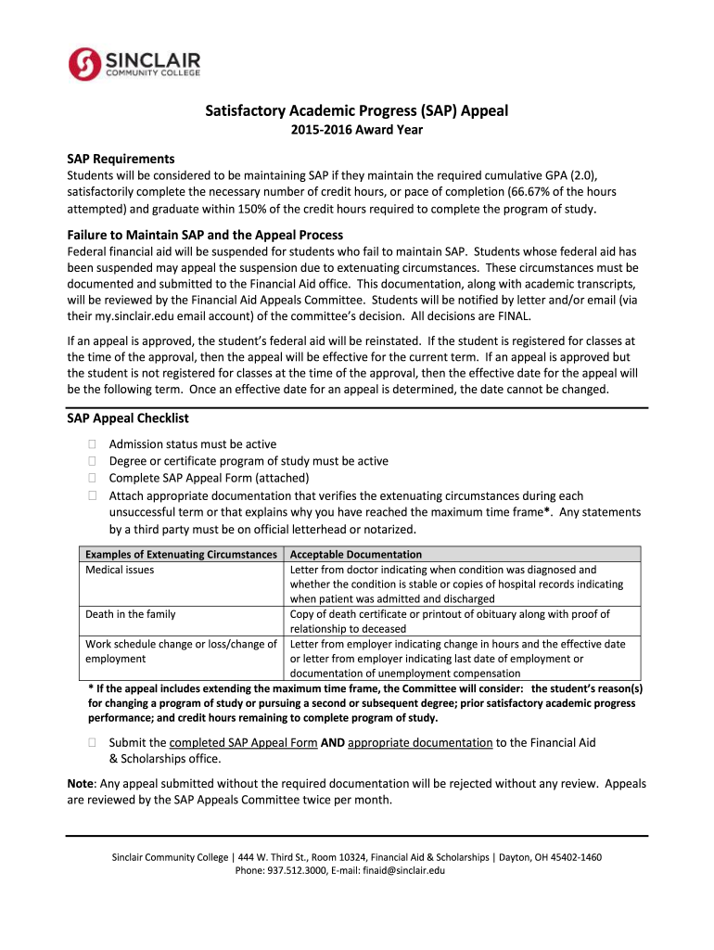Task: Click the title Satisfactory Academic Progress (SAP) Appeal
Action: [x=356, y=111]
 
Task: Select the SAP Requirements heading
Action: [x=121, y=159]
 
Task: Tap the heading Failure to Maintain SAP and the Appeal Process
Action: [x=205, y=234]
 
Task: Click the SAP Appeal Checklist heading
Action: [x=128, y=418]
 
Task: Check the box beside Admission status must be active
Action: [x=92, y=444]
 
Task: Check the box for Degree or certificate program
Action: [x=92, y=461]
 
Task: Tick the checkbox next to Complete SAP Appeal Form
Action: [x=92, y=479]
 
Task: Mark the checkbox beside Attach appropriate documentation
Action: [x=92, y=496]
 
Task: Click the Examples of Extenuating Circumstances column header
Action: [x=182, y=554]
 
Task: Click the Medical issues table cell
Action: [x=121, y=570]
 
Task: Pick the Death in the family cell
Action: [x=131, y=614]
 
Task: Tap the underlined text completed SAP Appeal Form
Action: [x=243, y=742]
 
